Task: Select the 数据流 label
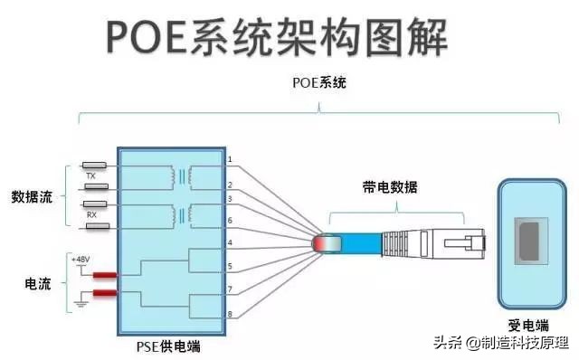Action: (x=32, y=196)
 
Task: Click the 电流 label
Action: (x=36, y=284)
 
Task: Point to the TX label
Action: (x=91, y=176)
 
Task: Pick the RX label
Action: (x=91, y=215)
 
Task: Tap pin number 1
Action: (x=230, y=160)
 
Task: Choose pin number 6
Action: (x=230, y=221)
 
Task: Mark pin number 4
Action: (x=230, y=242)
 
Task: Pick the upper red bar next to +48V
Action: (x=105, y=275)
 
